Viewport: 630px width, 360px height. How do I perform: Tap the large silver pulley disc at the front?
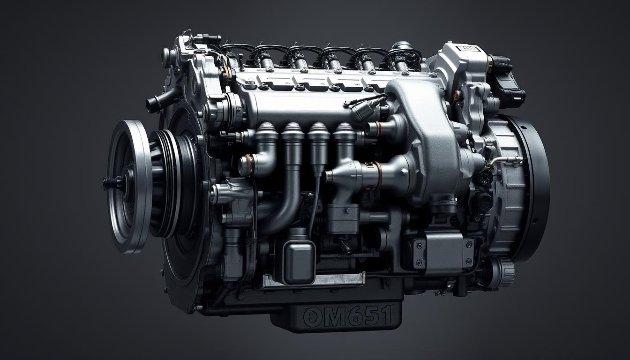[129, 185]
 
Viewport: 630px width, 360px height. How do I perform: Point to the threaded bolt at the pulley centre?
[112, 183]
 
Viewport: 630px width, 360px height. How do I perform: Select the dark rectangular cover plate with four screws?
[442, 253]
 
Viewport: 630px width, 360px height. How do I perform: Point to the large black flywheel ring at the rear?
[534, 187]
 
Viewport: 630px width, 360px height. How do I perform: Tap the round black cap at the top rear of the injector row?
[402, 45]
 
